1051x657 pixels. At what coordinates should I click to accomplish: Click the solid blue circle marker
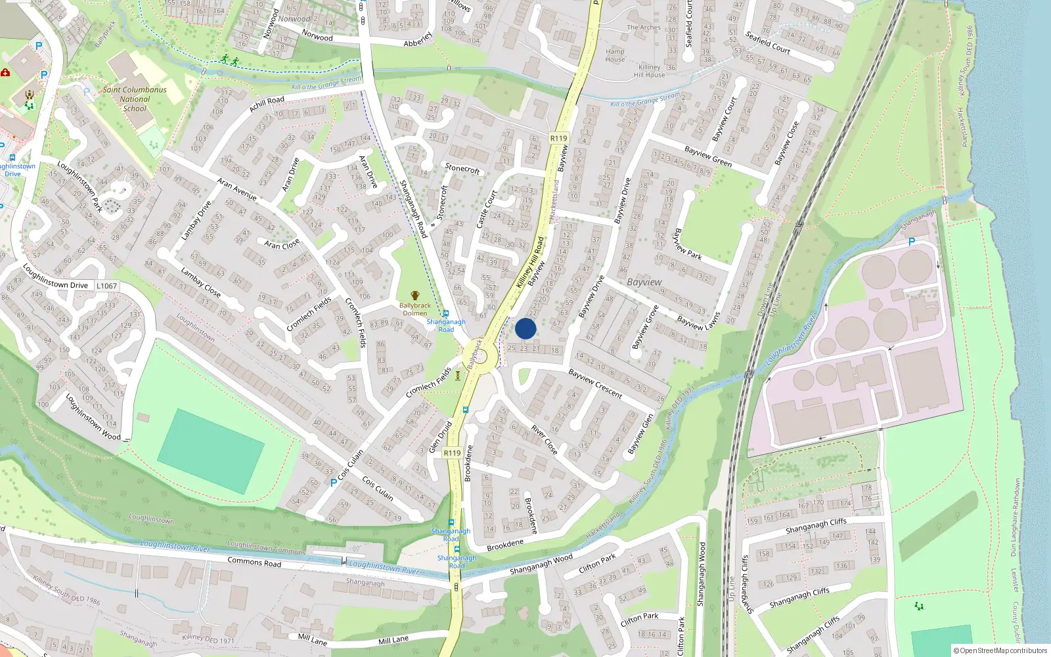click(525, 328)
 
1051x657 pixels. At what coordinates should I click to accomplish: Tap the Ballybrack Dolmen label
click(415, 309)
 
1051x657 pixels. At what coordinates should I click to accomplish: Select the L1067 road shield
click(107, 286)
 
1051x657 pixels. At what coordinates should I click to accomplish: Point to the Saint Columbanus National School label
click(135, 99)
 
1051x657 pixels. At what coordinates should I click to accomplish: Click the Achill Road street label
click(267, 104)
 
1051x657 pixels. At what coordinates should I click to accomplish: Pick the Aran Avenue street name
click(236, 189)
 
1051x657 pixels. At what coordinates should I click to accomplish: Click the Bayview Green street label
click(707, 156)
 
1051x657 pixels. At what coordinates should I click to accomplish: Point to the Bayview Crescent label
click(595, 383)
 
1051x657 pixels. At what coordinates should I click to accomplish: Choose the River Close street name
click(545, 440)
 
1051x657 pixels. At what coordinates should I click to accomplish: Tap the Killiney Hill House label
click(649, 71)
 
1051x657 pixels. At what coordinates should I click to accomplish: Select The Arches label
click(644, 28)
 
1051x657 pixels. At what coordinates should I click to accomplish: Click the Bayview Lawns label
click(698, 321)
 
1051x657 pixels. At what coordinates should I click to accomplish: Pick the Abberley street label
click(418, 39)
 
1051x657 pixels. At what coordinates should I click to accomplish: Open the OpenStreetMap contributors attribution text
click(1000, 650)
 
